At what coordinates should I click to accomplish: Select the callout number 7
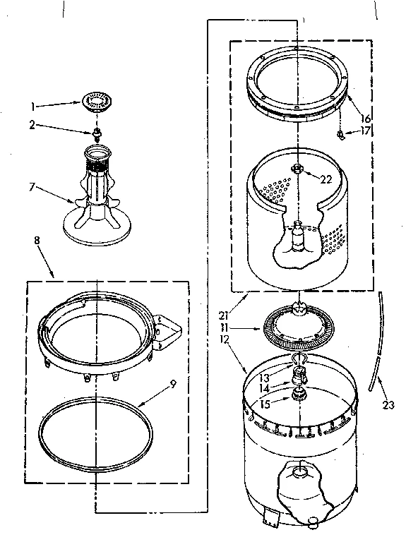30,188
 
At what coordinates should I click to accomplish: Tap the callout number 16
366,118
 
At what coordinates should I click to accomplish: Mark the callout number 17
366,131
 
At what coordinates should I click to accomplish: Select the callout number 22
326,179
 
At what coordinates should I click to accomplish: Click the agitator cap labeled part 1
95,101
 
